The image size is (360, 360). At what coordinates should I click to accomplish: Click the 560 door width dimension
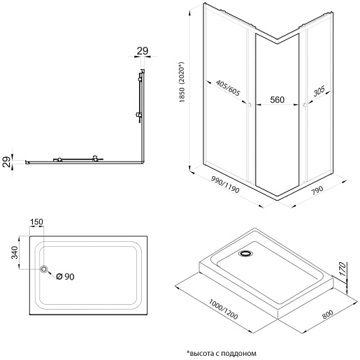277,99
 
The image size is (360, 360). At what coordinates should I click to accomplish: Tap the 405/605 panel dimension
228,88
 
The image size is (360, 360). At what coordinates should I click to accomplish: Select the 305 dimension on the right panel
319,91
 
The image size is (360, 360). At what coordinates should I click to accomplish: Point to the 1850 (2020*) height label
182,82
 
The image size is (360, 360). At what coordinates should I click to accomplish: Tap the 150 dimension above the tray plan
36,222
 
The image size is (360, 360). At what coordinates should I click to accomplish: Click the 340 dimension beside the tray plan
15,252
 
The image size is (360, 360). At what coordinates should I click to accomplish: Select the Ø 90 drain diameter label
65,277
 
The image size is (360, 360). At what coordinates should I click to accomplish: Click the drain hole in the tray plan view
43,269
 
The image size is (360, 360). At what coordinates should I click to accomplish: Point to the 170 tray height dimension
343,268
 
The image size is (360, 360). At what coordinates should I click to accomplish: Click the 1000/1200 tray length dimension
223,309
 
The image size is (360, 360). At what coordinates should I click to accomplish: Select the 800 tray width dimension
327,315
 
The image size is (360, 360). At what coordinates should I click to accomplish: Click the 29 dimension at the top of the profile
143,51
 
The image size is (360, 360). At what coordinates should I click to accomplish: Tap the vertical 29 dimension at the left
7,161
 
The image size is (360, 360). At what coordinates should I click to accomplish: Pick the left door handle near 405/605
250,105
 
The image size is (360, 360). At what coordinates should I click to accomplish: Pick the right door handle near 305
305,105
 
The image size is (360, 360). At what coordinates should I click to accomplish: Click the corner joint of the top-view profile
143,162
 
